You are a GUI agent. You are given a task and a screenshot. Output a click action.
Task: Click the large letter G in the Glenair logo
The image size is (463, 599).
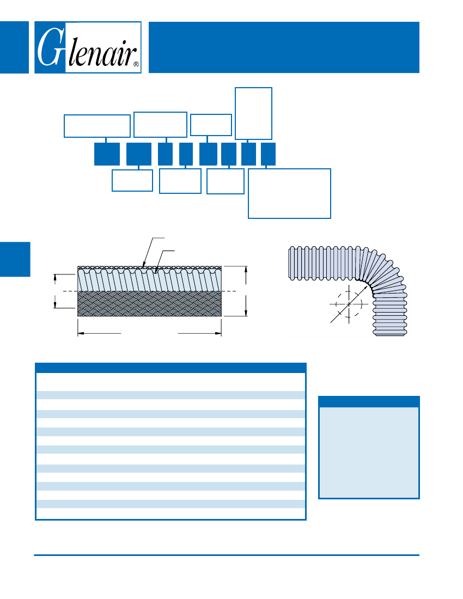(50, 48)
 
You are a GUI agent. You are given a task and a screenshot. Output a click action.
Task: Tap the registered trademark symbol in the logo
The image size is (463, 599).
(136, 64)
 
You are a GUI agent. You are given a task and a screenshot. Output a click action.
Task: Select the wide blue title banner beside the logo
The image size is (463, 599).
(283, 47)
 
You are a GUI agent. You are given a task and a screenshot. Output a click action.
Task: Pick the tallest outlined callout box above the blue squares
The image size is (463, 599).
(253, 113)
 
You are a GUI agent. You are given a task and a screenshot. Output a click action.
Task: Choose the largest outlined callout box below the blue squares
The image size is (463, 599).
(289, 193)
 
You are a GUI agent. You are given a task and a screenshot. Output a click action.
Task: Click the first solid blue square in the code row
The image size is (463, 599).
(107, 154)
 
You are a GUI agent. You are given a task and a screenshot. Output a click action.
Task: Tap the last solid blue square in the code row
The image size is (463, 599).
(269, 154)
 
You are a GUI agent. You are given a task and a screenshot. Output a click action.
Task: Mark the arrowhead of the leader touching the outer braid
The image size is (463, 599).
(144, 266)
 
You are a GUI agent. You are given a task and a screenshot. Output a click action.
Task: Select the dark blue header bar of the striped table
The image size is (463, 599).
(170, 368)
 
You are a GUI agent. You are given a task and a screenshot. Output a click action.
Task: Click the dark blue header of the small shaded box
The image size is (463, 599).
(369, 402)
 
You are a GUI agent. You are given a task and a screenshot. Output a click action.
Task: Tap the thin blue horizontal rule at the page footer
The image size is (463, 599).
(227, 555)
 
